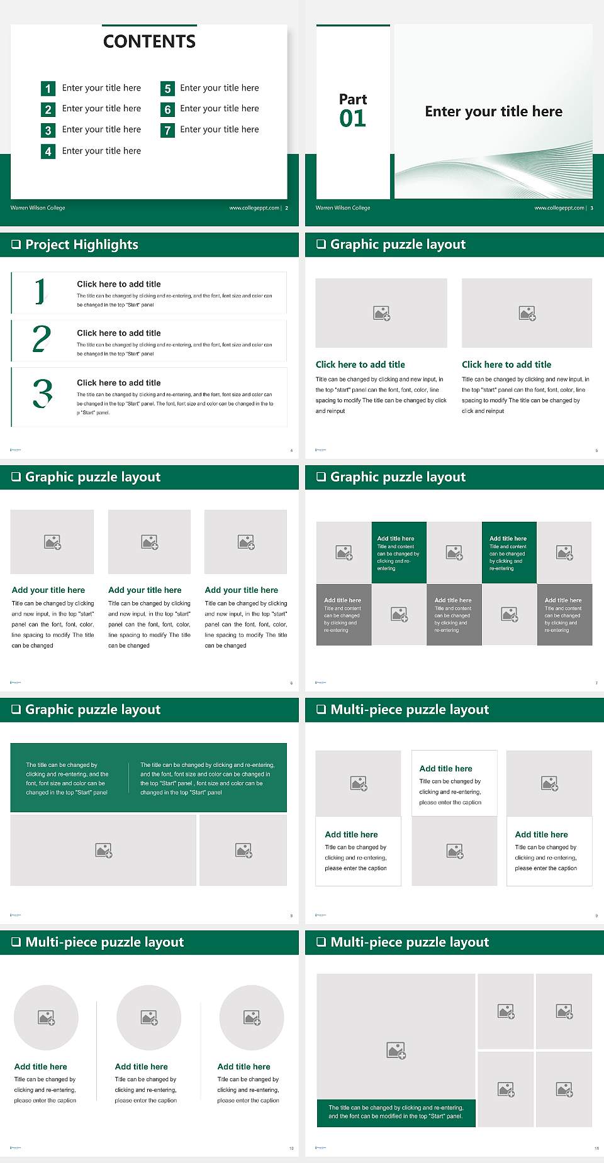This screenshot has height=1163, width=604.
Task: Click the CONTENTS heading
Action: click(x=149, y=41)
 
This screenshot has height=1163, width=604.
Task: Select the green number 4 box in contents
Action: click(x=48, y=152)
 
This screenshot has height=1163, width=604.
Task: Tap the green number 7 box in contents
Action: click(x=167, y=130)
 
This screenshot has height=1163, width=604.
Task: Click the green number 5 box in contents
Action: click(x=167, y=89)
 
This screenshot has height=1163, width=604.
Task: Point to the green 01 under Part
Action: click(x=352, y=118)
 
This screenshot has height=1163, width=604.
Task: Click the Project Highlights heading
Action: click(x=82, y=245)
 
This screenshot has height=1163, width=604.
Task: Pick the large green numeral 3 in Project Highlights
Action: click(x=42, y=394)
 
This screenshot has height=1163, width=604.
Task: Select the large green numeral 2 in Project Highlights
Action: click(x=42, y=339)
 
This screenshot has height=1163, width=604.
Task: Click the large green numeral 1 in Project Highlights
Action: click(x=40, y=292)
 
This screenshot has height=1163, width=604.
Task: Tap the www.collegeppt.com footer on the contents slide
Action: click(x=254, y=208)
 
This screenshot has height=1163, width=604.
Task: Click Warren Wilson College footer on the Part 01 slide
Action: click(x=343, y=208)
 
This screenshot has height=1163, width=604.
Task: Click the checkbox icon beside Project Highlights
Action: click(x=16, y=245)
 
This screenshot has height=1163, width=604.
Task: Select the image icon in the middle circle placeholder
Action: click(x=149, y=1017)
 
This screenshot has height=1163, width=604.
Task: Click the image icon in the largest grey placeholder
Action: click(x=396, y=1050)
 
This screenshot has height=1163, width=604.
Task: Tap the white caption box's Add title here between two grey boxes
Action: click(x=445, y=768)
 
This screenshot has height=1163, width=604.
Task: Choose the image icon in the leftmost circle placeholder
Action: click(x=47, y=1017)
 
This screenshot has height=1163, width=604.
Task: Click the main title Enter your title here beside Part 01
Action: click(x=493, y=112)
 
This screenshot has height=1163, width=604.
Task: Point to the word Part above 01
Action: click(x=352, y=99)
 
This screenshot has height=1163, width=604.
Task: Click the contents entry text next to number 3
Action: click(x=101, y=130)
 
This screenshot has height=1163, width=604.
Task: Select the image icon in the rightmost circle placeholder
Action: click(x=252, y=1017)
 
